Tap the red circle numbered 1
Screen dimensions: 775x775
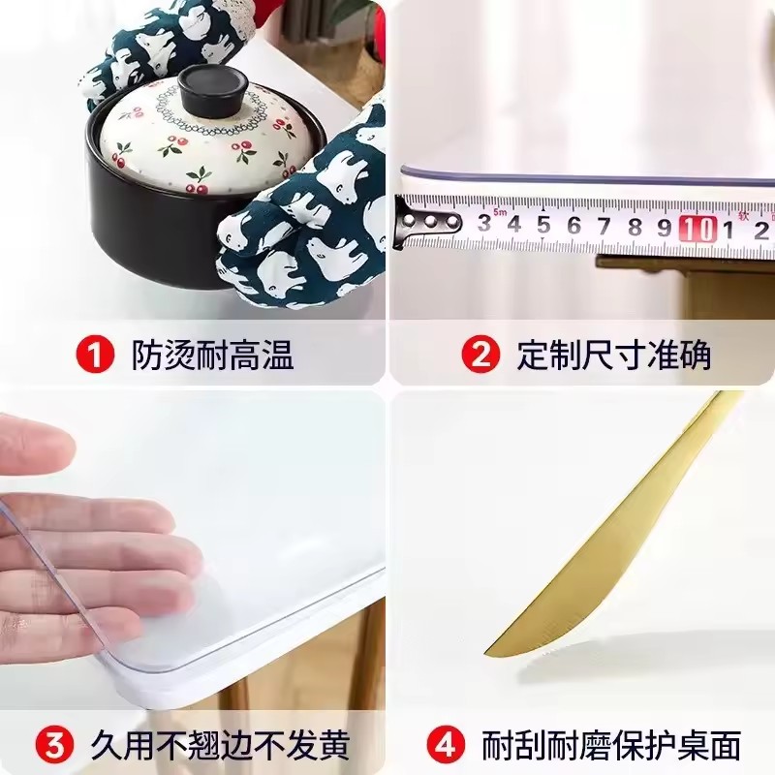pyautogui.click(x=95, y=355)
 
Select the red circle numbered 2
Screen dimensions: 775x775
pyautogui.click(x=480, y=355)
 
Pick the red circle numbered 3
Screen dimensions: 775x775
pyautogui.click(x=55, y=745)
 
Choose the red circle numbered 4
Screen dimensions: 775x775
pyautogui.click(x=446, y=745)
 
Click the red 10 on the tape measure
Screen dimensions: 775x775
pyautogui.click(x=697, y=229)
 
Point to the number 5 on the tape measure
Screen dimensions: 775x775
pyautogui.click(x=544, y=226)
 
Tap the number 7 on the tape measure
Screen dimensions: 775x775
pyautogui.click(x=604, y=227)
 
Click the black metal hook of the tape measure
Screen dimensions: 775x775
pyautogui.click(x=426, y=222)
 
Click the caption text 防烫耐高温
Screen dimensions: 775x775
pyautogui.click(x=212, y=355)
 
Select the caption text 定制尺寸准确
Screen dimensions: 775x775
pyautogui.click(x=614, y=355)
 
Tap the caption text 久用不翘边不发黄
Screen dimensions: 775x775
pyautogui.click(x=221, y=745)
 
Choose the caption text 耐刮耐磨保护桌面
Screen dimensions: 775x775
pyautogui.click(x=611, y=745)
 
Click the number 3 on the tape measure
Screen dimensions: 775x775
pyautogui.click(x=484, y=224)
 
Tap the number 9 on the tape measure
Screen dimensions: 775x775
pyautogui.click(x=665, y=228)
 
